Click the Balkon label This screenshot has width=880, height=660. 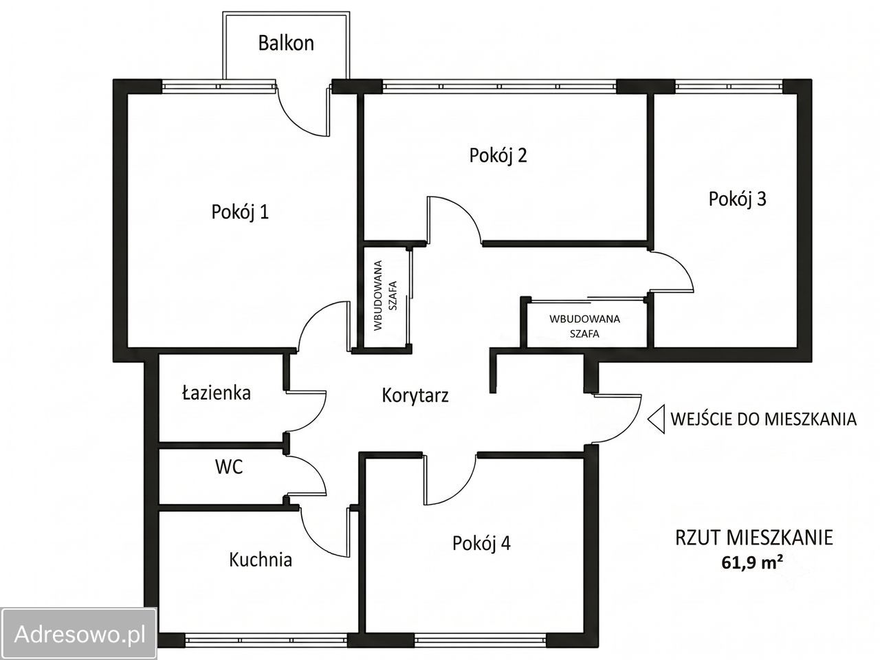(x=286, y=43)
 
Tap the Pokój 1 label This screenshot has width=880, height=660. (x=240, y=212)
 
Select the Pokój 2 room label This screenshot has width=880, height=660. (x=498, y=155)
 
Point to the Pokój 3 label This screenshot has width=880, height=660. (x=737, y=199)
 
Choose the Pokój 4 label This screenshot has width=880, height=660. (x=481, y=543)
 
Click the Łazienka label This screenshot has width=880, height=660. (x=217, y=393)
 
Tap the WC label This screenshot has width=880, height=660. (x=229, y=467)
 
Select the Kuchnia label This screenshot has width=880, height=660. (x=261, y=560)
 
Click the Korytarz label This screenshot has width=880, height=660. (x=415, y=395)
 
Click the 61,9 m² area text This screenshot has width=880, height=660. (x=753, y=563)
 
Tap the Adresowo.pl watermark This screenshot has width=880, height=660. (x=79, y=635)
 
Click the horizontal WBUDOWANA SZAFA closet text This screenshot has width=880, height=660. (x=584, y=326)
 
